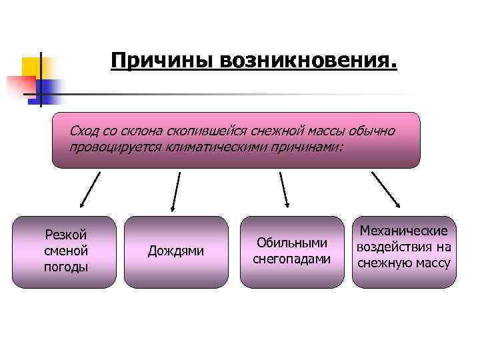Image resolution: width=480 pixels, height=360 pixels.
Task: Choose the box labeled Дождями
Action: pyautogui.click(x=176, y=251)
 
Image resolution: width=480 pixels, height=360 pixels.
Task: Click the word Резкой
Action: pyautogui.click(x=65, y=235)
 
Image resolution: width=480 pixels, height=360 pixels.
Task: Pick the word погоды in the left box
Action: pyautogui.click(x=65, y=267)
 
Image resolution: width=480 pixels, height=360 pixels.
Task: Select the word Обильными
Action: pyautogui.click(x=291, y=243)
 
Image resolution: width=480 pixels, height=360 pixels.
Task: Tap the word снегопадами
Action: pyautogui.click(x=291, y=259)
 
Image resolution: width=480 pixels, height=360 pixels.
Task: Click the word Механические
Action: pyautogui.click(x=403, y=231)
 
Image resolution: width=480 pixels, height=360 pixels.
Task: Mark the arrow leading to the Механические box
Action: pyautogui.click(x=386, y=188)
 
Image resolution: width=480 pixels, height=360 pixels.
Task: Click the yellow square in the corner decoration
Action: pyautogui.click(x=32, y=67)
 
